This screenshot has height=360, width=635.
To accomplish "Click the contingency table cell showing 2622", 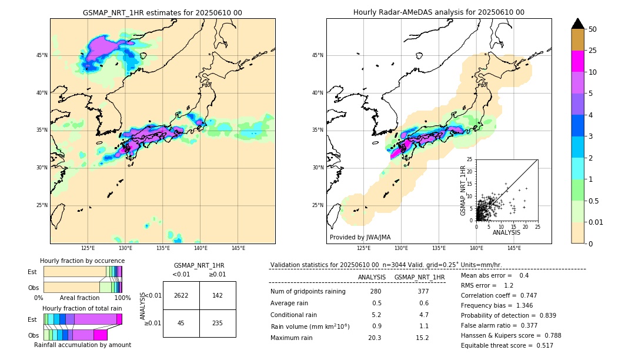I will click(181, 295).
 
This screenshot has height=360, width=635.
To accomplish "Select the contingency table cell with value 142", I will click(218, 295).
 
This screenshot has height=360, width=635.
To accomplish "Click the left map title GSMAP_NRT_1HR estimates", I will click(162, 12).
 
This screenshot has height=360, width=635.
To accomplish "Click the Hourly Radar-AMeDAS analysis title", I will click(439, 12).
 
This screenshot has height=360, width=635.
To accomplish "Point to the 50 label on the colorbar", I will click(593, 29).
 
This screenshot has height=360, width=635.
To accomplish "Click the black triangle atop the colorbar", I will click(577, 24).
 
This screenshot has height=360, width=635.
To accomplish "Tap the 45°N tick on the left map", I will click(41, 55).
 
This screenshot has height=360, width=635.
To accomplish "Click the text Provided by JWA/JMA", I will click(360, 238).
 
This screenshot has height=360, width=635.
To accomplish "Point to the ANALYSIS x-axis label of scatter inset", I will click(506, 232).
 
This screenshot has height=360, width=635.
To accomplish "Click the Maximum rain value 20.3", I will click(376, 338).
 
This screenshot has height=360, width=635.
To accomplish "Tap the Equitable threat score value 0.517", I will click(542, 345).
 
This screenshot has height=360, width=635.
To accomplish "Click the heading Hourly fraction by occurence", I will click(82, 261).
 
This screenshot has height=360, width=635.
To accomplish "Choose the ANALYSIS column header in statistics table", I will click(372, 277).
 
